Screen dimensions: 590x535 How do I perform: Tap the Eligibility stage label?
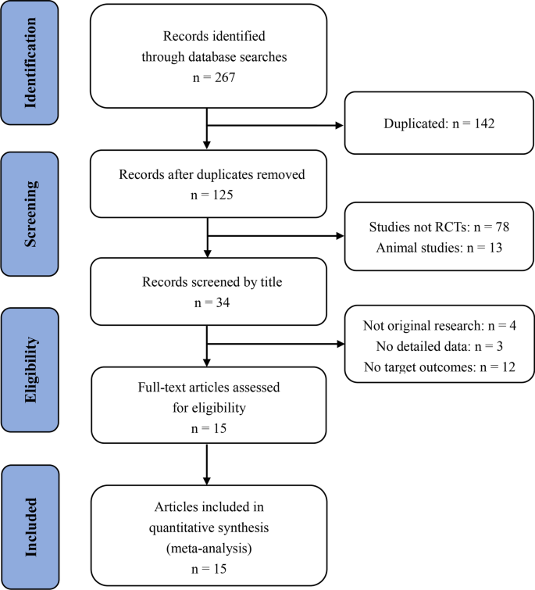click(x=31, y=360)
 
